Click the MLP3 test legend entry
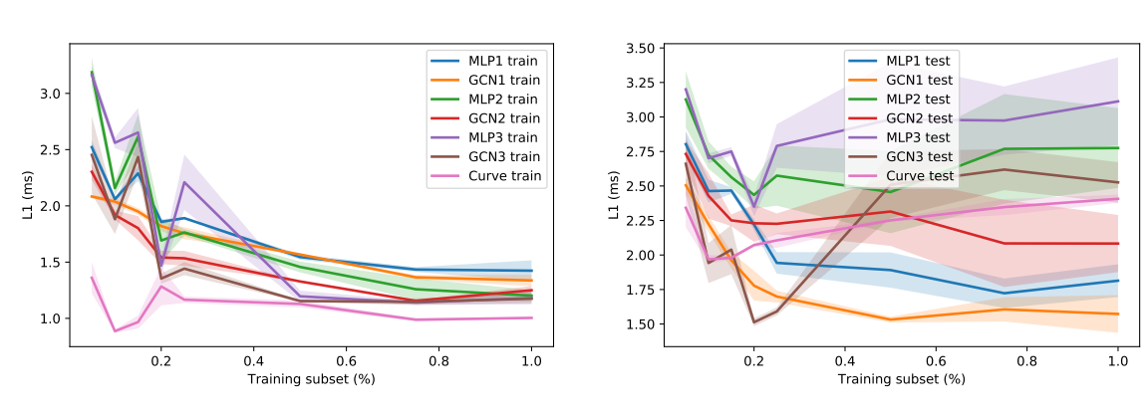click(907, 137)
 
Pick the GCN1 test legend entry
click(907, 80)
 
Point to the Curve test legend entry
click(907, 176)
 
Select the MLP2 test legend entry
click(907, 99)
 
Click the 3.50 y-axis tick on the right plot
click(638, 48)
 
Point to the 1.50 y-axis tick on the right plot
click(638, 324)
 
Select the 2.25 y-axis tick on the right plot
click(638, 221)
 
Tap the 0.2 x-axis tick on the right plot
click(754, 364)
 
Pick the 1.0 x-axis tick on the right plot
click(1118, 364)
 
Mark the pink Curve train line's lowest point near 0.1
click(116, 330)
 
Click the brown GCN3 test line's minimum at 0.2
click(754, 321)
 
